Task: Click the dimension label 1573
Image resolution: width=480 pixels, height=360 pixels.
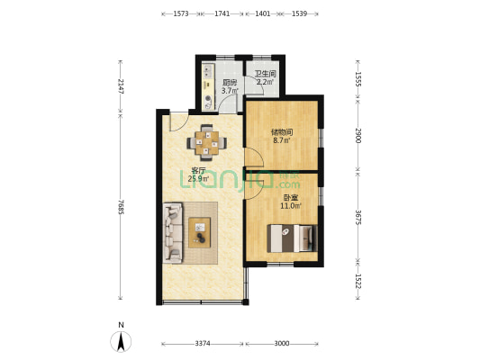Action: click(x=181, y=13)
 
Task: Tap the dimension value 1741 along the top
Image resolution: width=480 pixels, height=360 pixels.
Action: click(x=222, y=13)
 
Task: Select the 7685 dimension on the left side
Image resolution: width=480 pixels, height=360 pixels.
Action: click(x=121, y=207)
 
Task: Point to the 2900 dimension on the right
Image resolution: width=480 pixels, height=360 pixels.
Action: click(x=358, y=136)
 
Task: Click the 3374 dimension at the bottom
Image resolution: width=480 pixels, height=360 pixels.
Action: click(x=203, y=344)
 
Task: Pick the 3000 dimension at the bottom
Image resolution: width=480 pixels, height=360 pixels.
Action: click(x=282, y=344)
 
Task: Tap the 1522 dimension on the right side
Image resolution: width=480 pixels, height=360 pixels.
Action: click(x=358, y=281)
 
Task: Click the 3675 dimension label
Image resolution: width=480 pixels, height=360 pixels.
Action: click(x=358, y=218)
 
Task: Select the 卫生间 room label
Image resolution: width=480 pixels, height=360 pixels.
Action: click(x=266, y=74)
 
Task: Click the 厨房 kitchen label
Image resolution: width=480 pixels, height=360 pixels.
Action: click(x=230, y=83)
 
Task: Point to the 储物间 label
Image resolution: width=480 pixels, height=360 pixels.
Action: click(x=282, y=132)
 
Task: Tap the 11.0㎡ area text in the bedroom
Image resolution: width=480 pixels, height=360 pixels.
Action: click(x=291, y=206)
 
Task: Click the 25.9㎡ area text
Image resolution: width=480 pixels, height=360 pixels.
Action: click(x=198, y=178)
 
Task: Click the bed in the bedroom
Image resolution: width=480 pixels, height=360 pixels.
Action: click(x=292, y=238)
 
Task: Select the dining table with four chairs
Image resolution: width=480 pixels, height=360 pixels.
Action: click(x=207, y=142)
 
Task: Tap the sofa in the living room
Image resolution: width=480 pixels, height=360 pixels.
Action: click(x=173, y=233)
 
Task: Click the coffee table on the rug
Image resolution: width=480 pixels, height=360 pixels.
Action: click(x=200, y=232)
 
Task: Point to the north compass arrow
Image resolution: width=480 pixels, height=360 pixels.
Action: click(x=121, y=341)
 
